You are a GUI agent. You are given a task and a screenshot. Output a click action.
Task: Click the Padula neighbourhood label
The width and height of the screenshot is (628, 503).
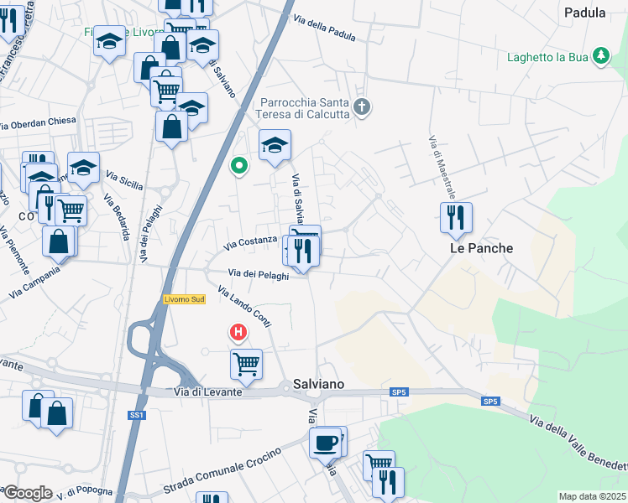point(585,13)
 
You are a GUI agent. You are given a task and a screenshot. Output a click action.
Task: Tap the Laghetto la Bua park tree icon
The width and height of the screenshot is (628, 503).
point(600,57)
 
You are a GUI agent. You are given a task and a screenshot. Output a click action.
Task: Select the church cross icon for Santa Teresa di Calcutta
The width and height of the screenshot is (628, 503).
point(362,106)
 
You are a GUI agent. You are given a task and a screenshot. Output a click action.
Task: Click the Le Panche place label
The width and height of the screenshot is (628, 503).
point(481,248)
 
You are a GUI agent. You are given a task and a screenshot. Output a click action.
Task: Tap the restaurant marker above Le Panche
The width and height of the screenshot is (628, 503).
point(456,218)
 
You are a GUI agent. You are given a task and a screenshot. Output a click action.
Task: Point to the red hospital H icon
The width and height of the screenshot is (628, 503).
point(239,333)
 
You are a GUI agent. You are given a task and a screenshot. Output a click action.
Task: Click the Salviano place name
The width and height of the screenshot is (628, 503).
point(319,384)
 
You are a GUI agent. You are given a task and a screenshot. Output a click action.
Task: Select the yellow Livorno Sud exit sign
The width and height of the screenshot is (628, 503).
point(184,300)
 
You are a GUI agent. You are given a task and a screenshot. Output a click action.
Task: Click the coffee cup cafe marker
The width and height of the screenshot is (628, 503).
point(325,442)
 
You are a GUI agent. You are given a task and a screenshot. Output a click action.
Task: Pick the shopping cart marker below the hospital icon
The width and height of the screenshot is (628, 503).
point(246,364)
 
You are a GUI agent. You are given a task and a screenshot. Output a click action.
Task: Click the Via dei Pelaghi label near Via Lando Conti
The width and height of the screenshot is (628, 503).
point(259,274)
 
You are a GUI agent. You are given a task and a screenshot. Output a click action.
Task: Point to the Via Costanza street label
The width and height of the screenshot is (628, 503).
point(250,243)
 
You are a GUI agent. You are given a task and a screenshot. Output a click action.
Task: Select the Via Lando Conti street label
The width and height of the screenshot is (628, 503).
point(244,308)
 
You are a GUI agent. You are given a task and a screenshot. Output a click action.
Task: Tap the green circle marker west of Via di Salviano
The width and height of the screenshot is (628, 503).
point(239,165)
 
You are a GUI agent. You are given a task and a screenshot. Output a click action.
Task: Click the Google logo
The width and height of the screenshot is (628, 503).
point(28,493)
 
